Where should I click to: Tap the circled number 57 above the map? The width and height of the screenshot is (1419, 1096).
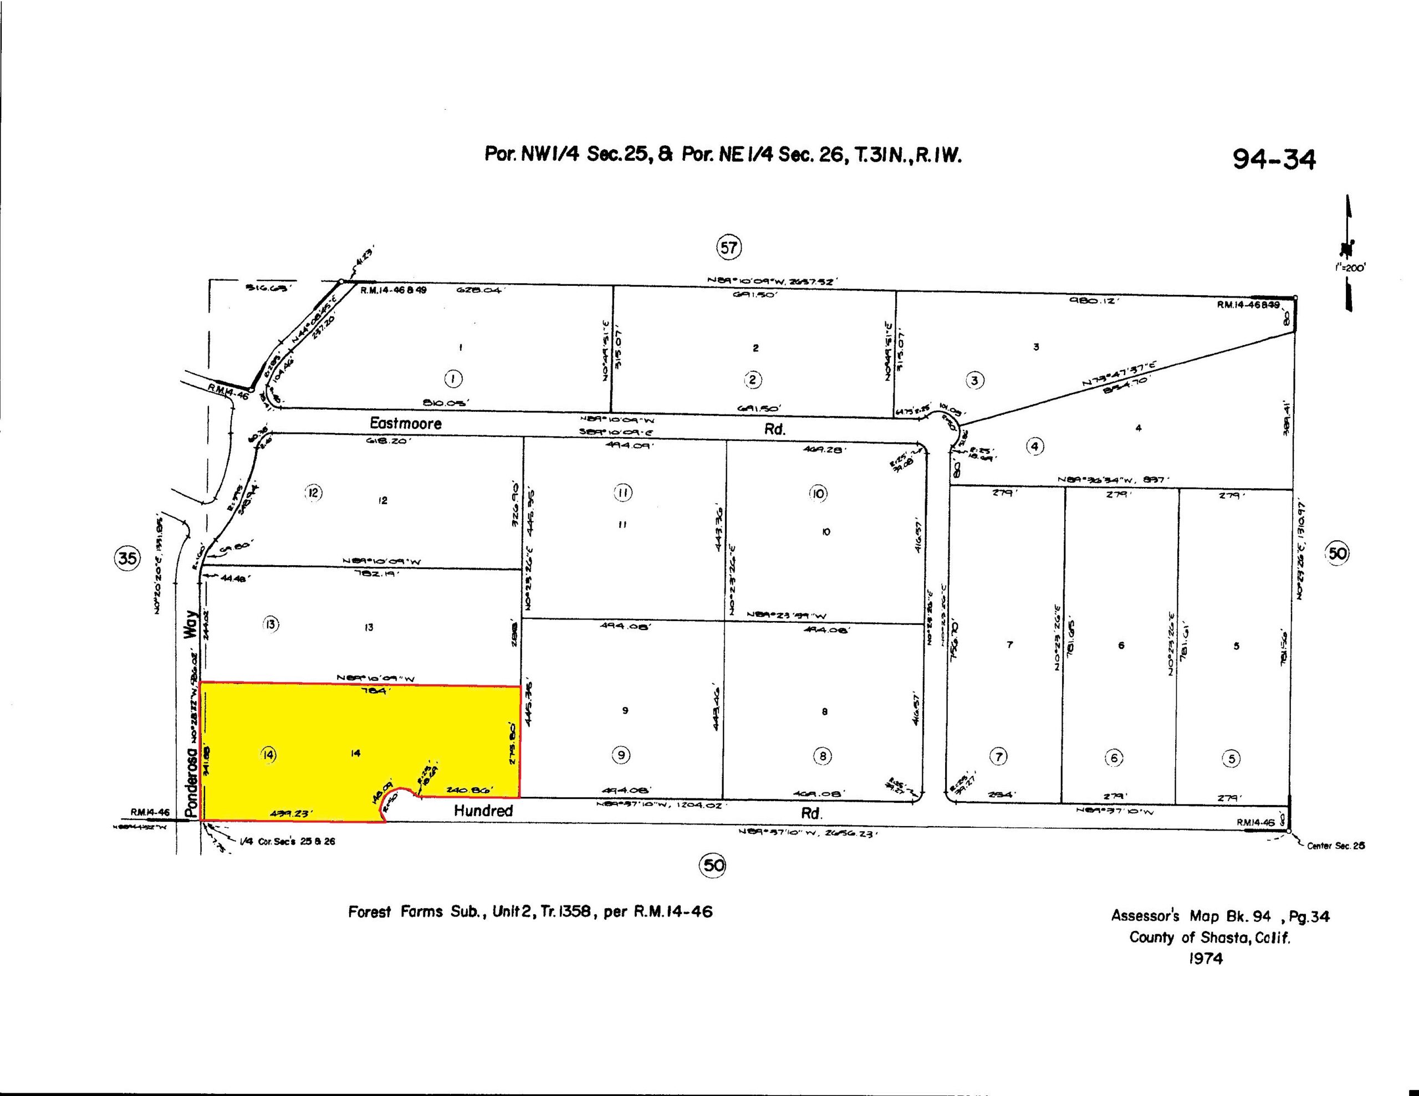(x=729, y=248)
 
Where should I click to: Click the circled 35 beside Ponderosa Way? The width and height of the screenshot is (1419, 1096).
(x=127, y=557)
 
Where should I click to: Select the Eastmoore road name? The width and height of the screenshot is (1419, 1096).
(x=405, y=423)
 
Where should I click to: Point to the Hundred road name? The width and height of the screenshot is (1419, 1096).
(x=483, y=811)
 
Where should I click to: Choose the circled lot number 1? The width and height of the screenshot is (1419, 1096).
(x=453, y=379)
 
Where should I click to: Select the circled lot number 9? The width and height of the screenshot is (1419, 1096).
(x=622, y=755)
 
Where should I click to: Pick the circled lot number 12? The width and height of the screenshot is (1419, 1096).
(x=313, y=493)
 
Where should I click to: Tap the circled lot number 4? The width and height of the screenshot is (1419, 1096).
(x=1035, y=447)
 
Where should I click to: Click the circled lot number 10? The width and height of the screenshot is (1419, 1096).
(x=818, y=494)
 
